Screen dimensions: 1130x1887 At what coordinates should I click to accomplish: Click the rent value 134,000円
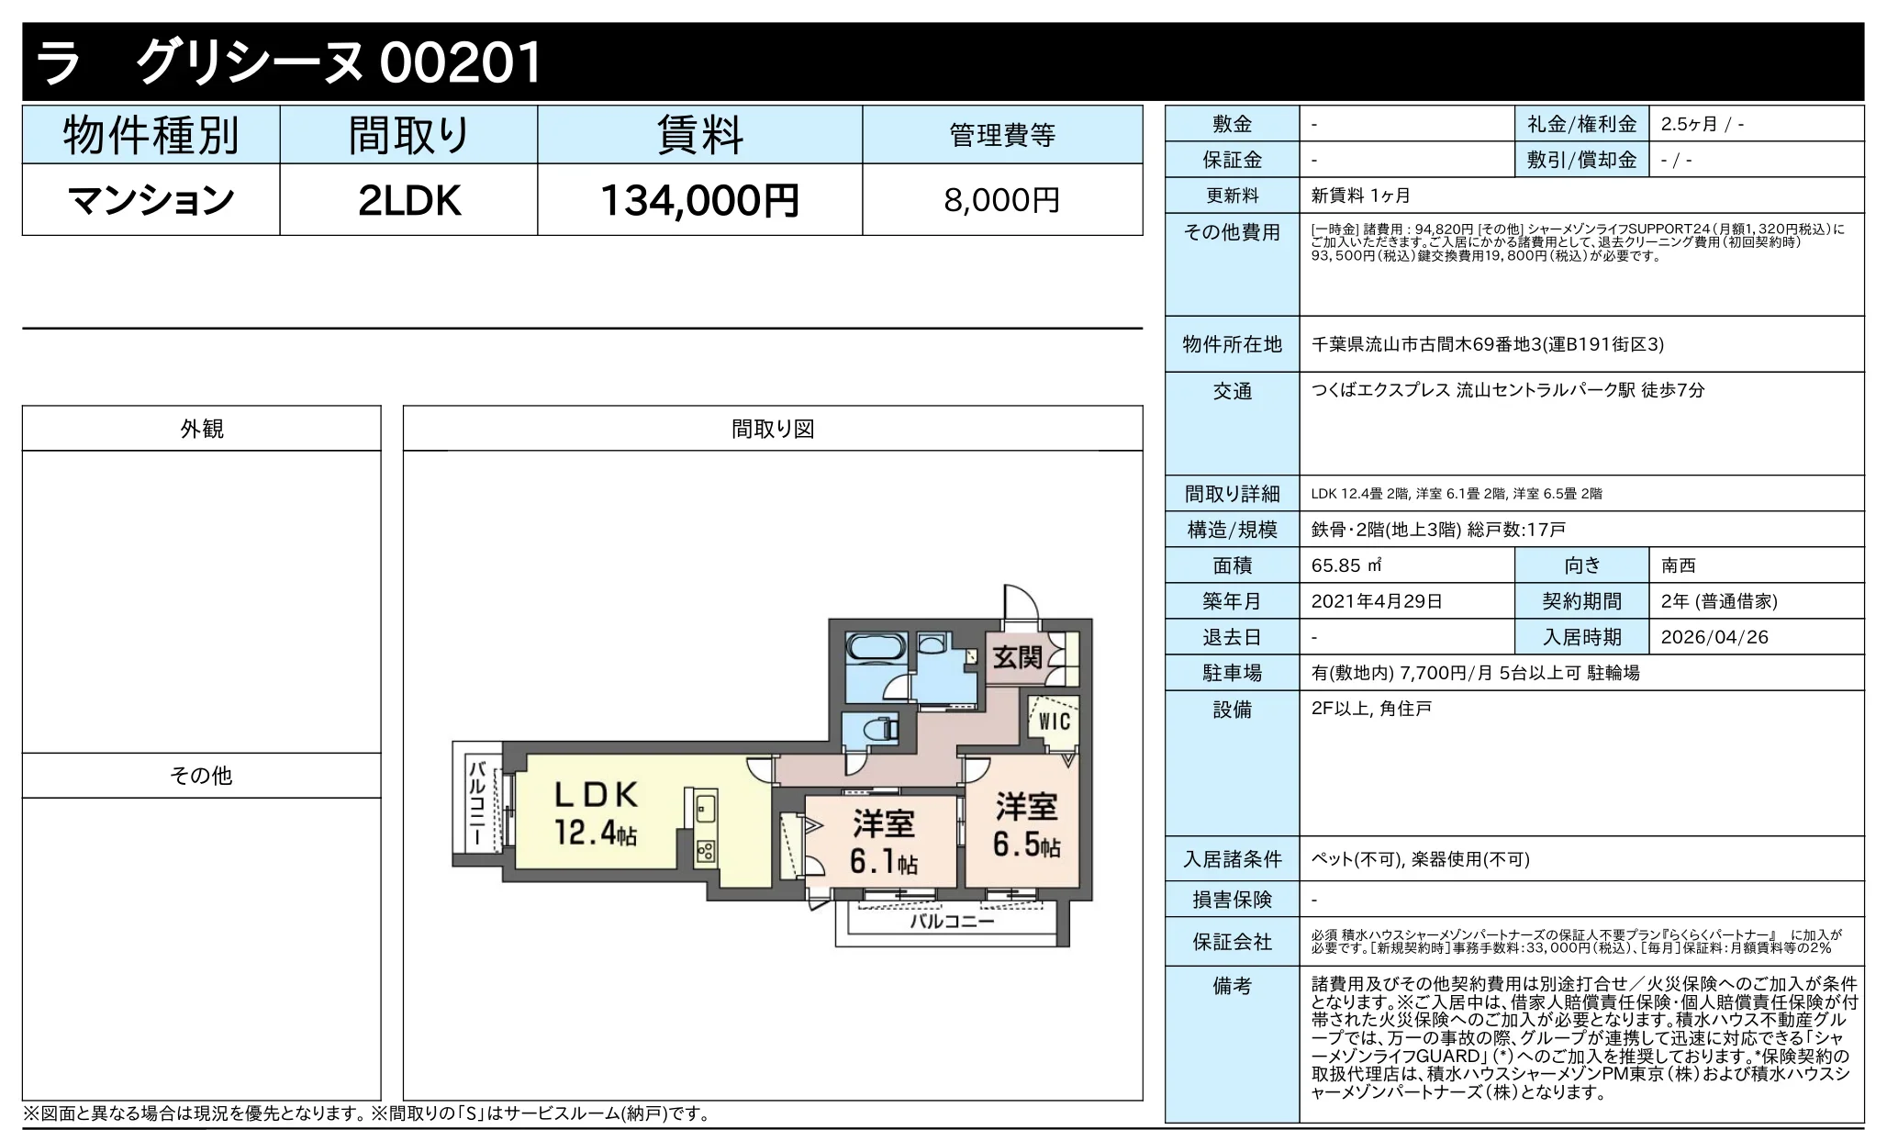[x=699, y=200]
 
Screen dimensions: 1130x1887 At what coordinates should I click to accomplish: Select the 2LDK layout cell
[x=408, y=200]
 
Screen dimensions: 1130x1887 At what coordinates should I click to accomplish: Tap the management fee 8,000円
[x=1001, y=200]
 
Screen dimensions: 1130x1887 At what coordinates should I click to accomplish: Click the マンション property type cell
[x=151, y=200]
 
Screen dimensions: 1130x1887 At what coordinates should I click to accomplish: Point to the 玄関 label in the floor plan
[x=1017, y=657]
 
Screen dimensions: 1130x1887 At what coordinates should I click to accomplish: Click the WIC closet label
[x=1054, y=722]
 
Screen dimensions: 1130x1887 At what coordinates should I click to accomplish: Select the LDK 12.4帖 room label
[x=596, y=812]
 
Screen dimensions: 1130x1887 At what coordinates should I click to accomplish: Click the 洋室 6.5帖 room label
[x=1026, y=825]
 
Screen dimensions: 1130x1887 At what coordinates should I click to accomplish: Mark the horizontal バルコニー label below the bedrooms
[x=952, y=922]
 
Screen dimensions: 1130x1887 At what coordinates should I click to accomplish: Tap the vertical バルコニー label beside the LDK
[x=476, y=803]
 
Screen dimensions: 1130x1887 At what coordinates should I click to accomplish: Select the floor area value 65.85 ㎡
[x=1346, y=565]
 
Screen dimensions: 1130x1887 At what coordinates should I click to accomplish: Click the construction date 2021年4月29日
[x=1377, y=601]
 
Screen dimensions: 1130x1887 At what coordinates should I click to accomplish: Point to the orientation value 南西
[x=1678, y=565]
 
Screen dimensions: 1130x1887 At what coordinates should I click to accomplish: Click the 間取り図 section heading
[x=773, y=429]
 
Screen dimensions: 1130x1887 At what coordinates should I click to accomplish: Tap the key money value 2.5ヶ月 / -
[x=1702, y=124]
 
